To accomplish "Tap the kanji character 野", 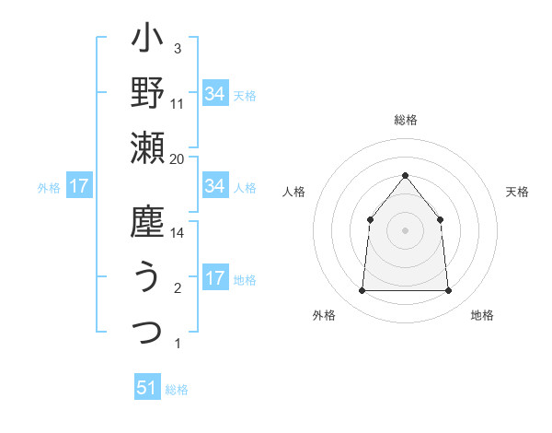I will pos(147,93).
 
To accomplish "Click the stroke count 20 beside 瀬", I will pos(178,158).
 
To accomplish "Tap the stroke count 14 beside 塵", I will pos(178,234).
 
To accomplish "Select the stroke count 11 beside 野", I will pos(178,103).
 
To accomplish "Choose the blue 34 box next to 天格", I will pos(214,93).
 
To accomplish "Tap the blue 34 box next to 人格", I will pos(214,186).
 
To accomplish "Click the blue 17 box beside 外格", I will pos(79,186).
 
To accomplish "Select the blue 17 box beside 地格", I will pos(214,279).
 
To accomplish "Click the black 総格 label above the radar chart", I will pos(405,120).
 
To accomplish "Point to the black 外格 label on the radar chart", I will pos(324,315).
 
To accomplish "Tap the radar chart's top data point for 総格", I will pos(405,174).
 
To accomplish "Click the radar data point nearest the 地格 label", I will pos(448,291).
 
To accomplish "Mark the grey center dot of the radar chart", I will pos(405,229).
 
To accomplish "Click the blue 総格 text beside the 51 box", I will pos(177,390).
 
